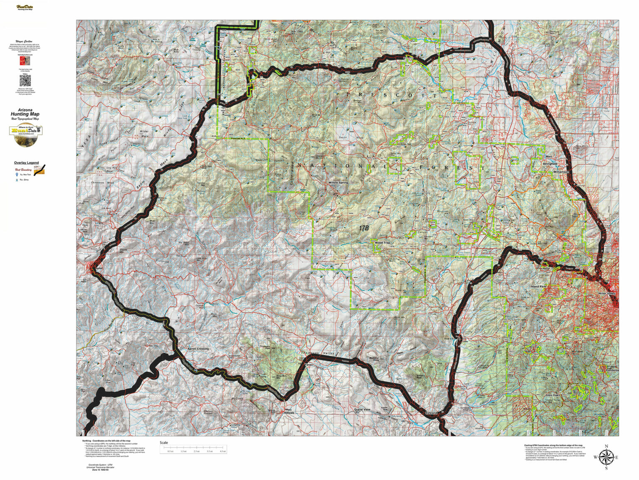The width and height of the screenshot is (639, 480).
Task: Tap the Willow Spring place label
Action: click(x=338, y=182)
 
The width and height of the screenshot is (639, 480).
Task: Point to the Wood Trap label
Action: click(x=382, y=242)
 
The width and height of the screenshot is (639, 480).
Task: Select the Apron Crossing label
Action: click(x=198, y=349)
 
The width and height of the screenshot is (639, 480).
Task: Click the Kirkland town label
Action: click(x=431, y=412)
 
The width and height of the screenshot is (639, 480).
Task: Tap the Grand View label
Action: click(x=362, y=410)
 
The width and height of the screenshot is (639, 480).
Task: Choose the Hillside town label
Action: click(x=289, y=412)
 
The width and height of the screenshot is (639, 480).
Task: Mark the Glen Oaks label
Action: click(x=554, y=395)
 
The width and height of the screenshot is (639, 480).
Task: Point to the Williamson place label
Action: click(x=561, y=172)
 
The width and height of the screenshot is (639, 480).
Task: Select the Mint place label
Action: click(x=548, y=157)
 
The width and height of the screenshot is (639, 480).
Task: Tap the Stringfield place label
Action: click(x=550, y=164)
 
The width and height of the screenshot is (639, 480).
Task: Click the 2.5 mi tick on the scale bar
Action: click(x=197, y=451)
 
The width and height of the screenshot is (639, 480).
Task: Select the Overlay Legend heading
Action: click(x=26, y=163)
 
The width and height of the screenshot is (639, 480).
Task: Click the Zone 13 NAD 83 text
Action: click(x=98, y=470)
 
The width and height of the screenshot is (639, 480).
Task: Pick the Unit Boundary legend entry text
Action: click(x=23, y=170)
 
